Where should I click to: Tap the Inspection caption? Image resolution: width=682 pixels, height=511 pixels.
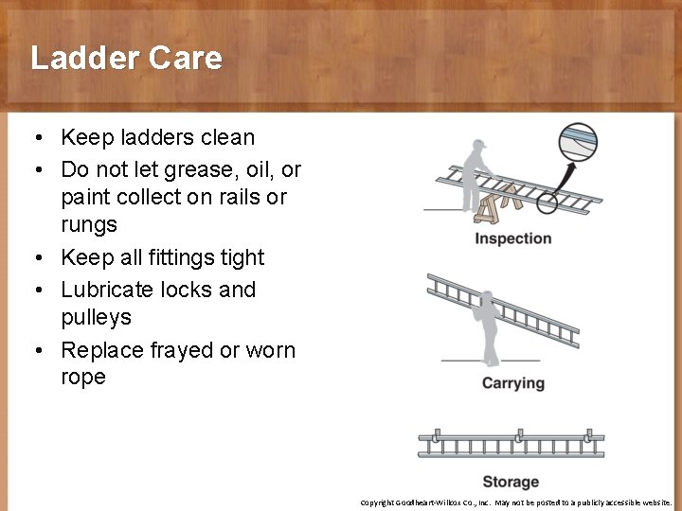[x=512, y=238]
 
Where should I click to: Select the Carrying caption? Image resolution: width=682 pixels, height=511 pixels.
[x=512, y=383]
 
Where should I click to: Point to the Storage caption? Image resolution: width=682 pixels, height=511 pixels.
[x=511, y=482]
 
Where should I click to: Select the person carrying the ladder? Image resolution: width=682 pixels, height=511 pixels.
[x=490, y=326]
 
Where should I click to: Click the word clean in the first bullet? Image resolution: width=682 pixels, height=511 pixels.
[x=226, y=137]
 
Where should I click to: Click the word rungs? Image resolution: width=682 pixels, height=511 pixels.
[x=89, y=225]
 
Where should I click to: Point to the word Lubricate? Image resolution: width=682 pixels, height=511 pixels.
[x=107, y=290]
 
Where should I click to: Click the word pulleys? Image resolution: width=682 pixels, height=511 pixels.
[x=96, y=317]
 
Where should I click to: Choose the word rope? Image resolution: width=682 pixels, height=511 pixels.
[x=83, y=377]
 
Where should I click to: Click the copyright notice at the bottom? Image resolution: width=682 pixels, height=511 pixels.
[x=515, y=502]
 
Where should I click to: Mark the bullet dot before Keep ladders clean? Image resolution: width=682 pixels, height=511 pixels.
[x=34, y=138]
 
